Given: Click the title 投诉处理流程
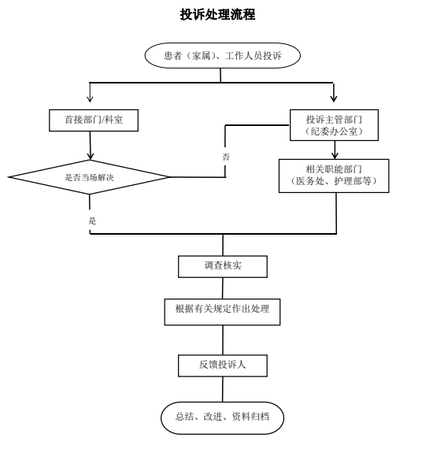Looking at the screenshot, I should (217, 15).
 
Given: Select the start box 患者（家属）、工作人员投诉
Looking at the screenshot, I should (222, 57).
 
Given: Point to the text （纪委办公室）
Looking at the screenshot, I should (334, 132).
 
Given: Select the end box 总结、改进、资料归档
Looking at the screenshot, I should (222, 417).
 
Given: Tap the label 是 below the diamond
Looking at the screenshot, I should (92, 221).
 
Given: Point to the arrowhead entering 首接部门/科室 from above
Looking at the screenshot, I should (91, 100).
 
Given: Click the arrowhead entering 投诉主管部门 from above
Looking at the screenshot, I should (334, 100).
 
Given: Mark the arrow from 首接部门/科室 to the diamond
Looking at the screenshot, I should (91, 145).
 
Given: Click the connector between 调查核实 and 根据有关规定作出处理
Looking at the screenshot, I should (223, 287).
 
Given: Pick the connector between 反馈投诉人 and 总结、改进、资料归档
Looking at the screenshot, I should (223, 390).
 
